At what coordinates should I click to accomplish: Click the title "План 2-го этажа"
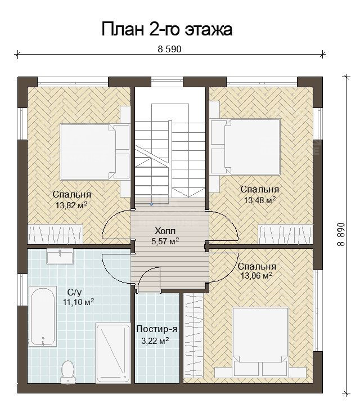(166, 29)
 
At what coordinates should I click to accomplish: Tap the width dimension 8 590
(169, 49)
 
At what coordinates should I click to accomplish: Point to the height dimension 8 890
(340, 234)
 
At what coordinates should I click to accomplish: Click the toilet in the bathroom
(67, 372)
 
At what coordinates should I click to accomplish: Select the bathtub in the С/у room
(43, 316)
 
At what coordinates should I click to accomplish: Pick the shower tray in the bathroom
(113, 353)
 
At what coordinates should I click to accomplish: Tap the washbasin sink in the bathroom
(60, 256)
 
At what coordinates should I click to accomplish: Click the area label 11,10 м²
(79, 302)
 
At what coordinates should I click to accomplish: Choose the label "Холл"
(165, 231)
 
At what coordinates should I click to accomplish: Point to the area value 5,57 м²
(165, 241)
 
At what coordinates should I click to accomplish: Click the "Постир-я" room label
(157, 329)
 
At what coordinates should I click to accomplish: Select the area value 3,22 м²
(155, 341)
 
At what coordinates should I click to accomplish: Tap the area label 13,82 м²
(71, 205)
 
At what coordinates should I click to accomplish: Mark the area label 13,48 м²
(260, 200)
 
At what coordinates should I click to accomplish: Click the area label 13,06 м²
(256, 276)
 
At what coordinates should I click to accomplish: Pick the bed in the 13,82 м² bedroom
(95, 152)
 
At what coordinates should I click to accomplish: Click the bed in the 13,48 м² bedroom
(246, 146)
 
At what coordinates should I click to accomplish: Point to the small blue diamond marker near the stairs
(151, 204)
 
